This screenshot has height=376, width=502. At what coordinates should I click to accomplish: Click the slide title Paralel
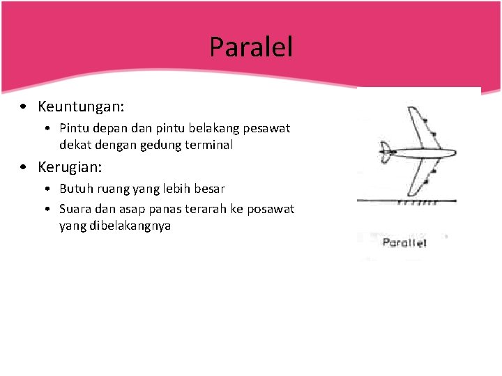(x=251, y=47)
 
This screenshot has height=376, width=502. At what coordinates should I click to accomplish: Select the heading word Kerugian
(x=69, y=168)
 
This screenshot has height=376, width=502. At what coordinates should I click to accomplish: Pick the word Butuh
(x=75, y=189)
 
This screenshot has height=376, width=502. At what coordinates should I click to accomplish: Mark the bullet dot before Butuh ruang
(x=45, y=189)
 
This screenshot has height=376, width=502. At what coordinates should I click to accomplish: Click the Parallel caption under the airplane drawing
(x=404, y=242)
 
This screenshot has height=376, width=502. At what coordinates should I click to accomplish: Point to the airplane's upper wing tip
(x=411, y=109)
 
